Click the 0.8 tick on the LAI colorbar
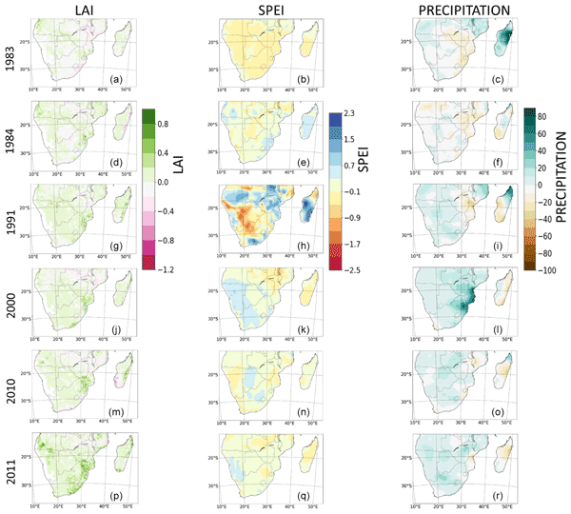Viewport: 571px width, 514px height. coord(163,124)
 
